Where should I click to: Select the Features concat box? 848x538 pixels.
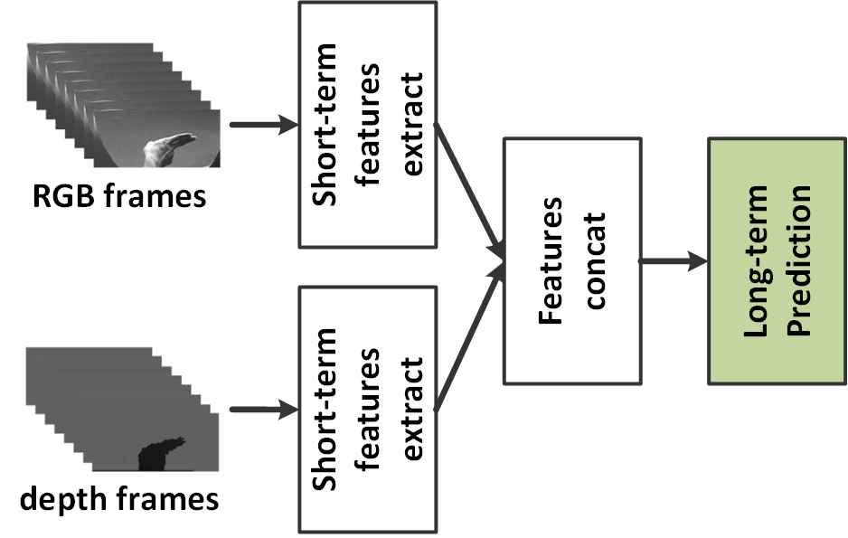click(x=573, y=260)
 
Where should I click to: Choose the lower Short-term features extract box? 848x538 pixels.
click(x=368, y=409)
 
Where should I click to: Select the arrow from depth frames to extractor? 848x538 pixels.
click(x=264, y=410)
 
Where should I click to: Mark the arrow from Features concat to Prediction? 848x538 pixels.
click(x=674, y=261)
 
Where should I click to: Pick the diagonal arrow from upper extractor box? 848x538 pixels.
click(x=470, y=185)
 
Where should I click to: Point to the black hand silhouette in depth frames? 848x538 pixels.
click(x=159, y=453)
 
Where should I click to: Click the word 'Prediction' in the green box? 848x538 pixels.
click(x=798, y=260)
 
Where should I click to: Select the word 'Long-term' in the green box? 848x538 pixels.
click(x=757, y=260)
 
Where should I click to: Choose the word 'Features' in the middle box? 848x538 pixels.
click(x=552, y=260)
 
